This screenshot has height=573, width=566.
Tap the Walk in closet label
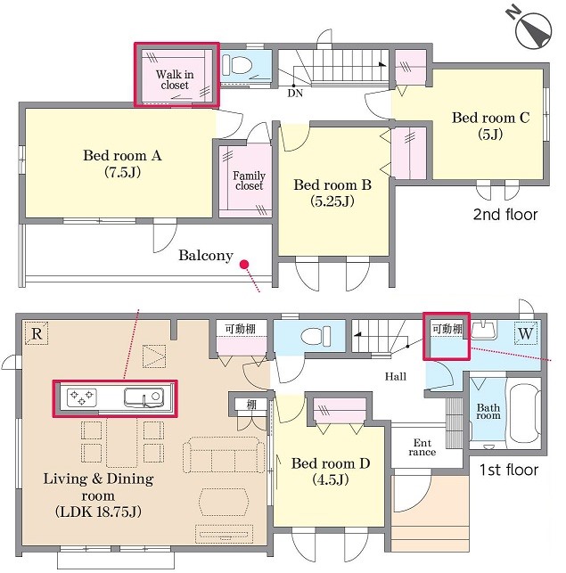(175, 79)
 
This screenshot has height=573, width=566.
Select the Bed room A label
(122, 163)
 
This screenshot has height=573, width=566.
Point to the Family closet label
(249, 181)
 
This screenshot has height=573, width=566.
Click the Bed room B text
(332, 192)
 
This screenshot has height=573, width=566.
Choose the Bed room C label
(490, 126)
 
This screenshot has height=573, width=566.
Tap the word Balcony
(206, 255)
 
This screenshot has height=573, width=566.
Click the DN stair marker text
(295, 94)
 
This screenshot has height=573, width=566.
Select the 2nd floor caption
(505, 215)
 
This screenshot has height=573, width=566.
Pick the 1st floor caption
(509, 470)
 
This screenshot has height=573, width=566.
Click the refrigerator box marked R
(37, 333)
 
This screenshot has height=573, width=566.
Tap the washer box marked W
(526, 333)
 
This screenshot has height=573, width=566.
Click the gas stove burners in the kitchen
(82, 397)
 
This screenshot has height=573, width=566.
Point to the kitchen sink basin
(144, 397)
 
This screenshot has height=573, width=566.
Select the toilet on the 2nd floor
(237, 65)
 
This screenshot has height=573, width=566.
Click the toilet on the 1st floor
(316, 336)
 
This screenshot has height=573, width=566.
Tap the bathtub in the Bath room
(523, 412)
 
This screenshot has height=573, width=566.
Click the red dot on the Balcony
(244, 264)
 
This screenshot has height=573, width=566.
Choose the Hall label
(395, 376)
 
